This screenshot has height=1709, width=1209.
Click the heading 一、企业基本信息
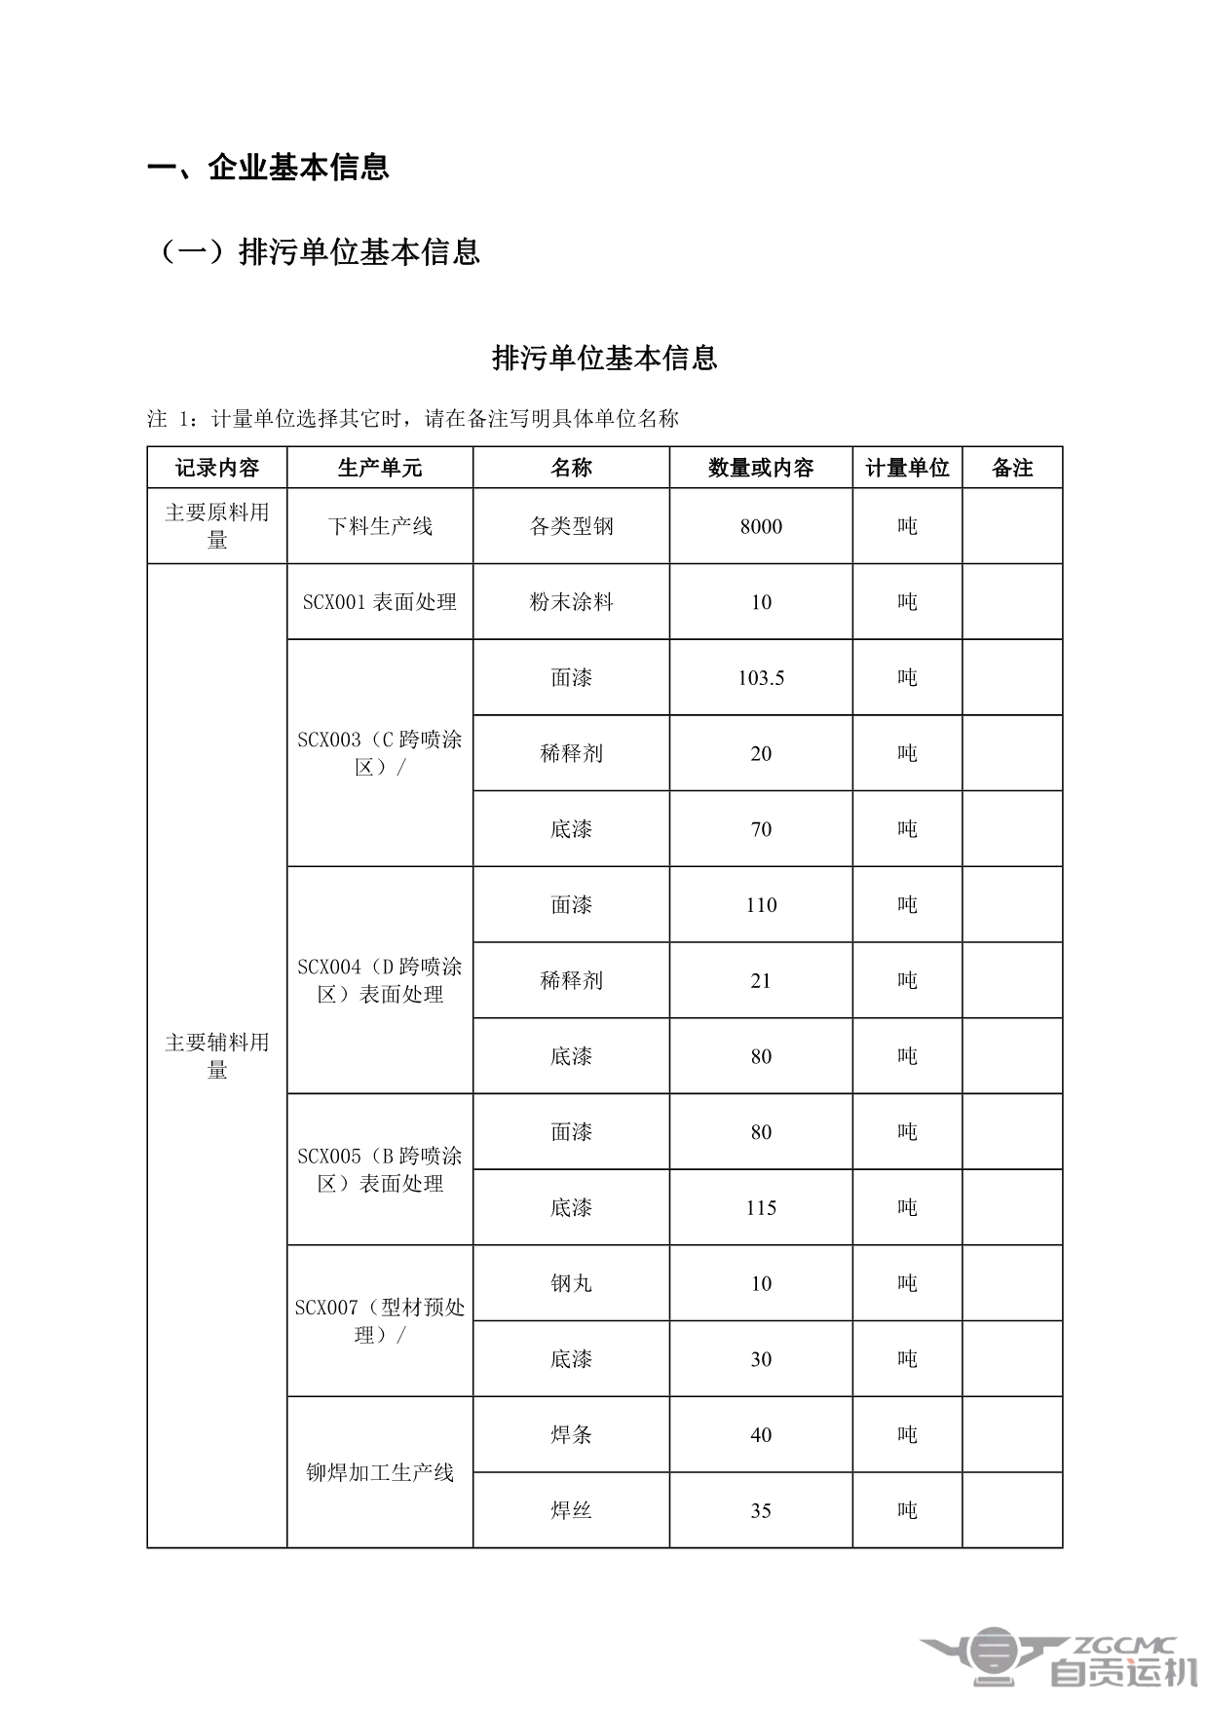(x=268, y=167)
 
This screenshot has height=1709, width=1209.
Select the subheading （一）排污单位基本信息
(x=319, y=251)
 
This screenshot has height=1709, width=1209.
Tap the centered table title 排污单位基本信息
(x=604, y=358)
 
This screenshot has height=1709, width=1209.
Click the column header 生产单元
(x=380, y=468)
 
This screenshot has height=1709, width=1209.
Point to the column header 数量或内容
(x=761, y=468)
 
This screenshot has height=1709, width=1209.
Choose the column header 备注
(x=1012, y=468)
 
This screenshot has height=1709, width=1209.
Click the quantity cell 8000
(x=761, y=526)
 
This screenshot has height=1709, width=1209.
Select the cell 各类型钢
(x=571, y=526)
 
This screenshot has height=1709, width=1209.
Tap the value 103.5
(x=761, y=678)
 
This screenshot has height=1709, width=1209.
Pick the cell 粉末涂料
(x=571, y=602)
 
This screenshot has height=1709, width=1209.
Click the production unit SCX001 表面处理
(x=380, y=602)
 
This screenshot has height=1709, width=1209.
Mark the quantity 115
(x=761, y=1208)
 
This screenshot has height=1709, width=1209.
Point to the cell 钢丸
(x=571, y=1283)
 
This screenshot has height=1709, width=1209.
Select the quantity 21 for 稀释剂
(x=761, y=980)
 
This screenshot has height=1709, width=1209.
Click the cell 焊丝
(x=571, y=1510)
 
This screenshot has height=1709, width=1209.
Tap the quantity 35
(x=761, y=1510)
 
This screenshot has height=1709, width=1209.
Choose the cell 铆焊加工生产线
(x=380, y=1472)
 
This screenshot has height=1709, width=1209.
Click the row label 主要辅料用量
(x=217, y=1056)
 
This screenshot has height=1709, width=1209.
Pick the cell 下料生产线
(x=380, y=526)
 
